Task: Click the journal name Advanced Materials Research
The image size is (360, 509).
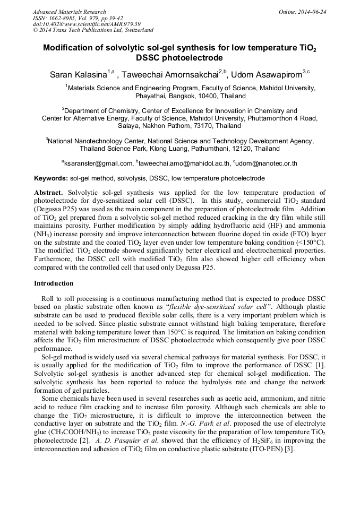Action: tap(69, 12)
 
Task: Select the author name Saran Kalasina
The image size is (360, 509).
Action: tap(78, 75)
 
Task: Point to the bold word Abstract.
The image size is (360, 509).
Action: tap(48, 192)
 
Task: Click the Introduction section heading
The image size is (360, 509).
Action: tap(54, 283)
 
